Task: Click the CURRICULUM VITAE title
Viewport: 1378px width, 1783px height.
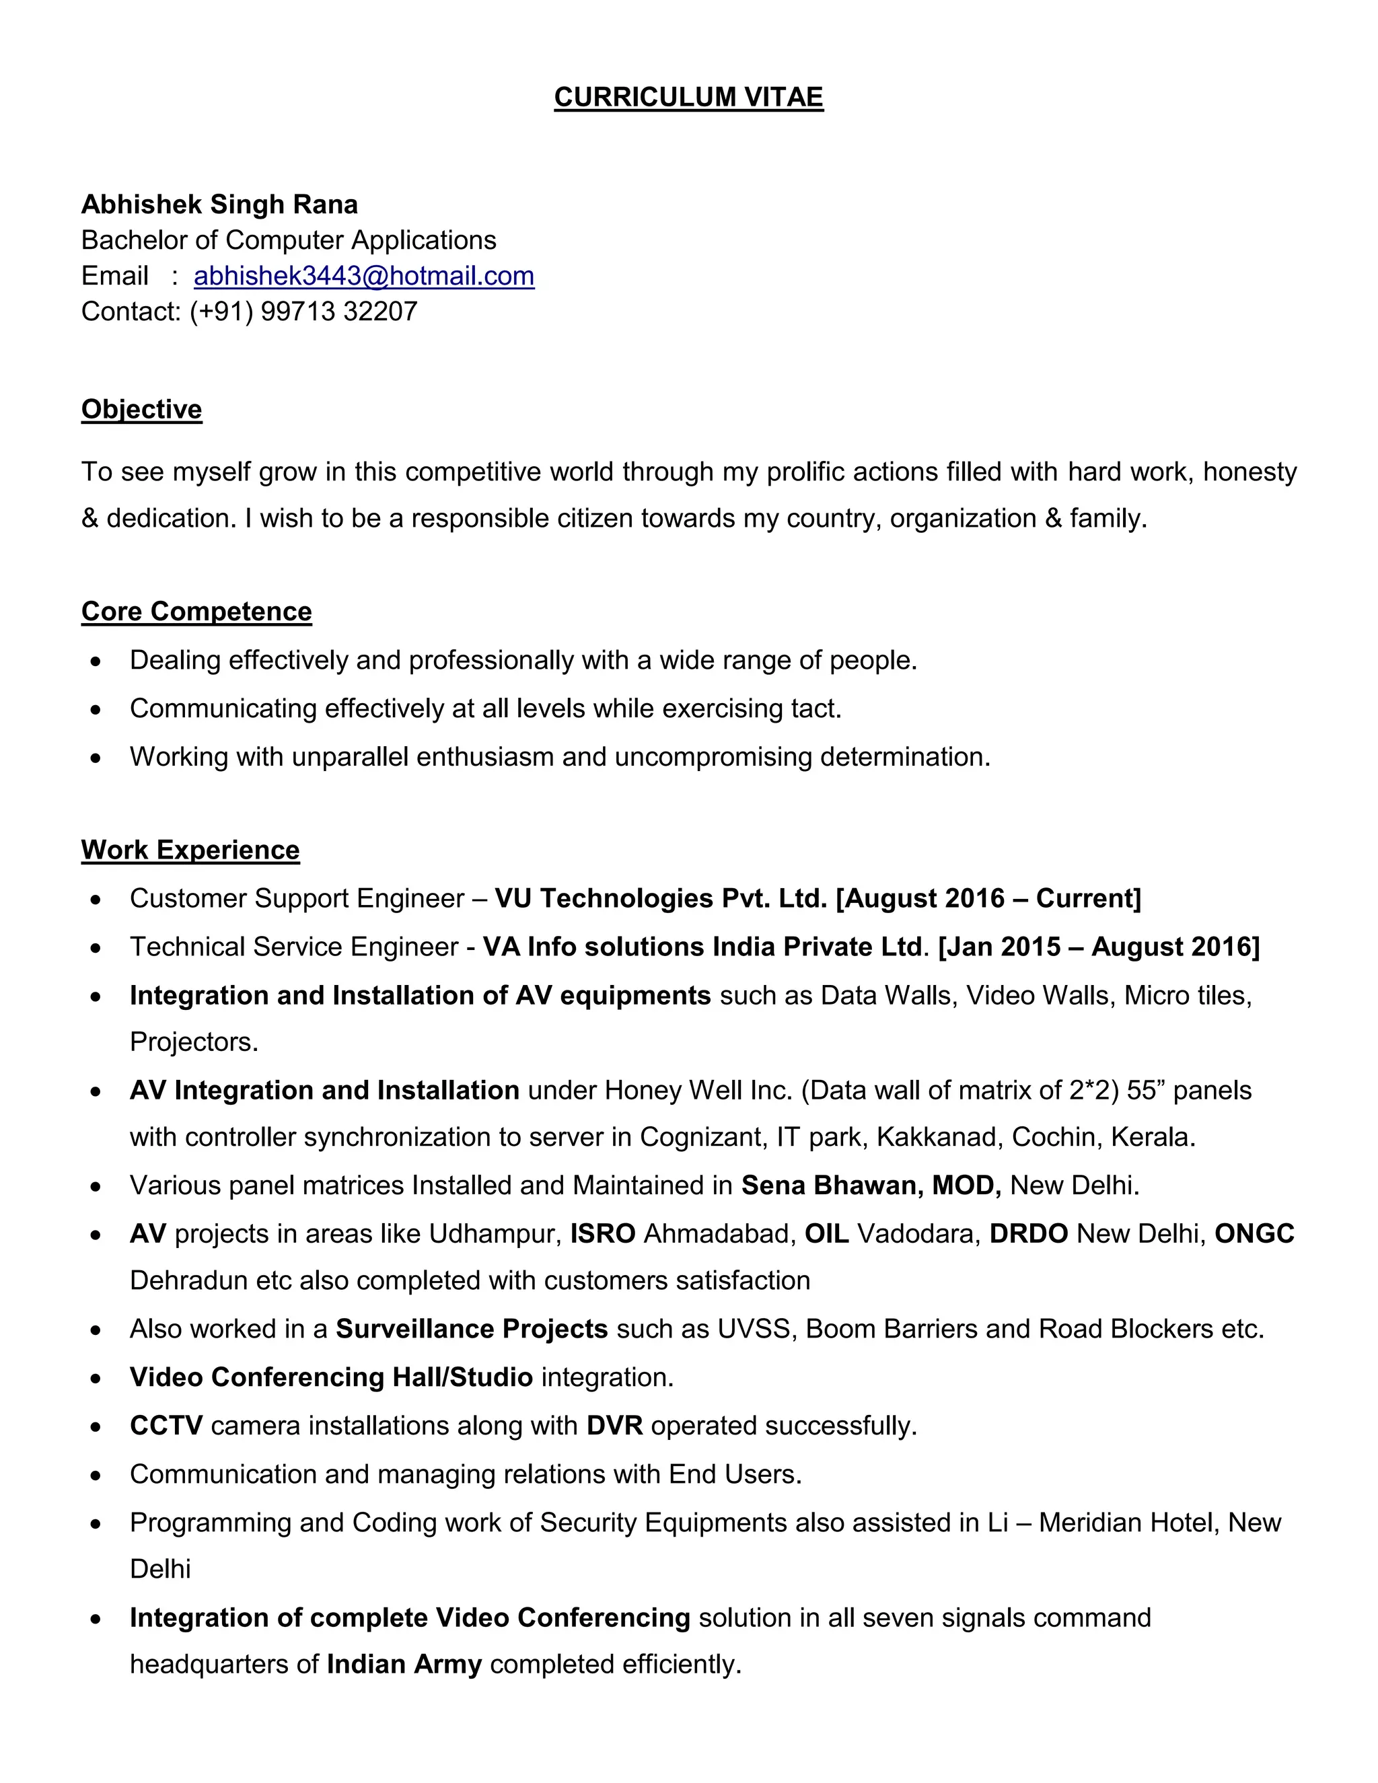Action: point(688,97)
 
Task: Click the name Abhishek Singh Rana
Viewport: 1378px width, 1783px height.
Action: point(219,204)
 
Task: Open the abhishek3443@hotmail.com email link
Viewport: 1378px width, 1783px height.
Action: point(363,276)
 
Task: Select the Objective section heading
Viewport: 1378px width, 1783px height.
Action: point(141,409)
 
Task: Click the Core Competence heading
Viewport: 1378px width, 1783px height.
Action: point(196,612)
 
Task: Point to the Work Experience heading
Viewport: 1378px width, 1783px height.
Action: point(190,850)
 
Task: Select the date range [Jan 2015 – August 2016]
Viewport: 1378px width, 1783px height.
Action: point(1099,946)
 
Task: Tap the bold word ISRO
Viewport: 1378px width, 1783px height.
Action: point(602,1233)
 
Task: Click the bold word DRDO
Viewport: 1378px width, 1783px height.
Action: point(1029,1233)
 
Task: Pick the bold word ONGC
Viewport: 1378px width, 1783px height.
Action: point(1254,1233)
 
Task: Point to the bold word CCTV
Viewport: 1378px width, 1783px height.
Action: point(166,1426)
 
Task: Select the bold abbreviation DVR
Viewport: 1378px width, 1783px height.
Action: point(614,1426)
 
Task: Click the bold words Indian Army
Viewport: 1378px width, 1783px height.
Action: point(404,1664)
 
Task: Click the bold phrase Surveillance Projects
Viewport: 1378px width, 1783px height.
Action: point(472,1329)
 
